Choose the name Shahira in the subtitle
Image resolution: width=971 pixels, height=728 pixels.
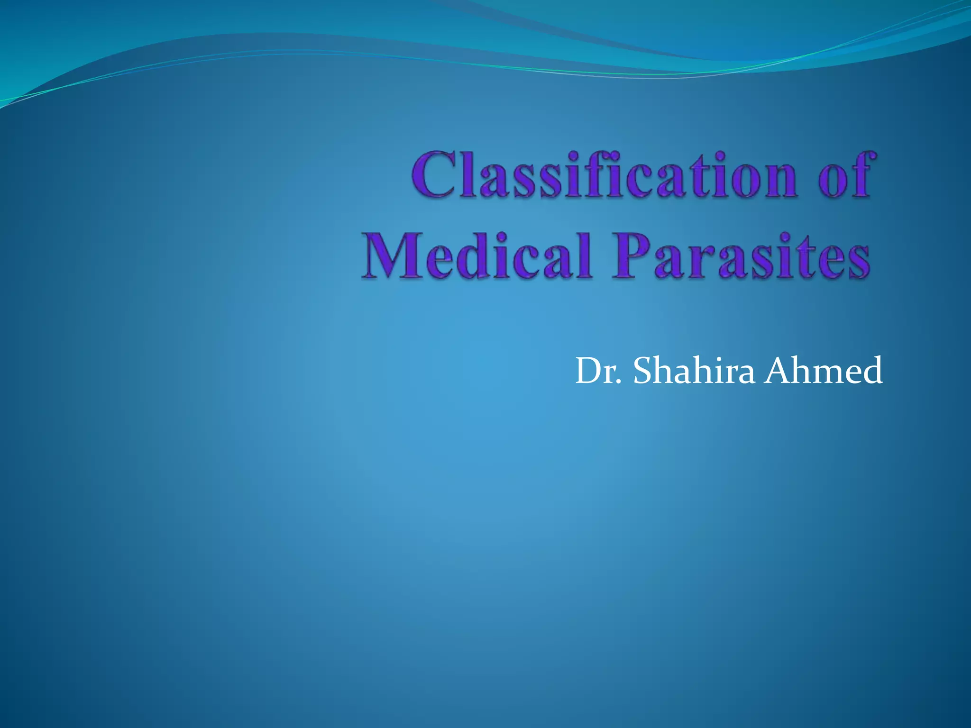click(694, 371)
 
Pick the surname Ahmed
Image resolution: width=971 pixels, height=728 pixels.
click(824, 371)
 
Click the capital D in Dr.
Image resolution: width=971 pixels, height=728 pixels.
click(589, 371)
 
